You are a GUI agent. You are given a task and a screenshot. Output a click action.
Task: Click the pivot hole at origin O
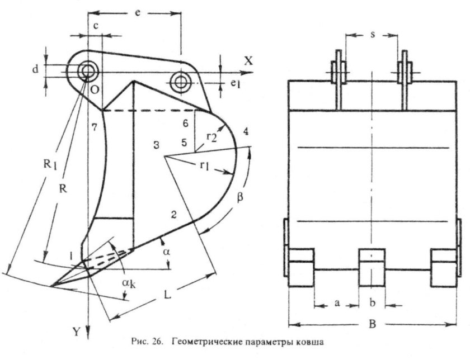[x=87, y=71]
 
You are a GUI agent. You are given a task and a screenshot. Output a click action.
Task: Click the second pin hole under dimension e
[x=181, y=80]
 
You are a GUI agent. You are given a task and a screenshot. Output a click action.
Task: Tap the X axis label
[x=248, y=61]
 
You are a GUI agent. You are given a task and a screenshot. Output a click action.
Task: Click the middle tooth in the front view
[x=372, y=269]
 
